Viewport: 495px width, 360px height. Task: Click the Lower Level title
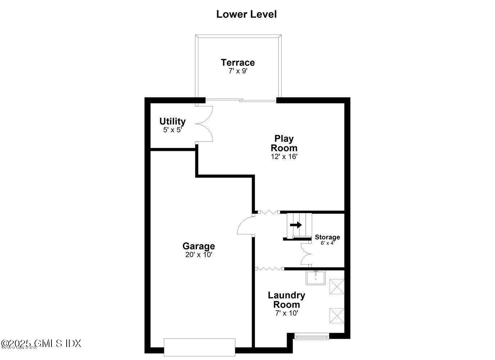[x=246, y=14]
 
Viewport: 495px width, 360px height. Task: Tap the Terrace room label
[x=238, y=62]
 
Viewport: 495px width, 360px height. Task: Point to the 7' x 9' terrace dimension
[x=238, y=71]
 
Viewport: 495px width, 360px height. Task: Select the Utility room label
[x=172, y=121]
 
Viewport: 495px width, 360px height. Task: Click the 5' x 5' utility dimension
[x=172, y=130]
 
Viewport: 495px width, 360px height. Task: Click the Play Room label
[x=284, y=143]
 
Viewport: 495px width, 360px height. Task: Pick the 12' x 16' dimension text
[x=284, y=157]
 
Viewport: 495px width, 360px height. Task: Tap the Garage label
[x=198, y=246]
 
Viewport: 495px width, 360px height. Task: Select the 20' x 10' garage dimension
[x=198, y=255]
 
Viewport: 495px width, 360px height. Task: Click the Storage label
[x=327, y=237]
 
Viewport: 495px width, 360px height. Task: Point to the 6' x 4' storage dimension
[x=327, y=243]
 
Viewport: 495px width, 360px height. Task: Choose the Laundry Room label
[x=286, y=300]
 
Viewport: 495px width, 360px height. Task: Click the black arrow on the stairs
[x=296, y=225]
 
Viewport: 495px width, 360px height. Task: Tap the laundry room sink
[x=315, y=278]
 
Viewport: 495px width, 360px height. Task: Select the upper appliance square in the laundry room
[x=337, y=287]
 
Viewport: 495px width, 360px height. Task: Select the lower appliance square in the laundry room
[x=337, y=316]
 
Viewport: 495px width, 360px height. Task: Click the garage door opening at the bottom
[x=199, y=347]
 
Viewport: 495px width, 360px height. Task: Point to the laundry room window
[x=311, y=337]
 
